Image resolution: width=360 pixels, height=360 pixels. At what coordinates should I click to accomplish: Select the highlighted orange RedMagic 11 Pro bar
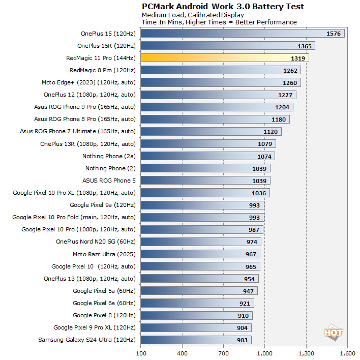point(224,58)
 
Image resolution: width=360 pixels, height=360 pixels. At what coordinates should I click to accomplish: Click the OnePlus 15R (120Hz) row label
point(106,46)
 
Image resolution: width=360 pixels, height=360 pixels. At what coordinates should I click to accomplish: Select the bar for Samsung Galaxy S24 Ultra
point(196,340)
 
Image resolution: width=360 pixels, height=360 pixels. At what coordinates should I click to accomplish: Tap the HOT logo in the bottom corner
point(333,333)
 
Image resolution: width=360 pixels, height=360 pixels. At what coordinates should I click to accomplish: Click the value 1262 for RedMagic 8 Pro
point(290,70)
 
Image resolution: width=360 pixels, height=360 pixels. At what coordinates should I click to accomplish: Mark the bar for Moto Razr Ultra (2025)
point(200,254)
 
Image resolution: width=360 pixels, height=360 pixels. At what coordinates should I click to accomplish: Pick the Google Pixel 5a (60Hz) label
point(104,291)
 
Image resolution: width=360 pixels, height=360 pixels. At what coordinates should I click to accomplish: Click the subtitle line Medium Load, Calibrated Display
point(193,15)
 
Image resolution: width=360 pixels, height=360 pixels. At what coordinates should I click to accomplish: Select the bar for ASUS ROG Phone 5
point(205,181)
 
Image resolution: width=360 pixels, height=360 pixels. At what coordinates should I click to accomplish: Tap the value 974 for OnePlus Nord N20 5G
point(251,242)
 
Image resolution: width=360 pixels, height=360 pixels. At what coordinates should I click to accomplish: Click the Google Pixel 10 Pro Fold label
point(74,217)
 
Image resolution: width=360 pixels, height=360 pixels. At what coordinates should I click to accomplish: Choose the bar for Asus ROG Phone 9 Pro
point(216,107)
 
